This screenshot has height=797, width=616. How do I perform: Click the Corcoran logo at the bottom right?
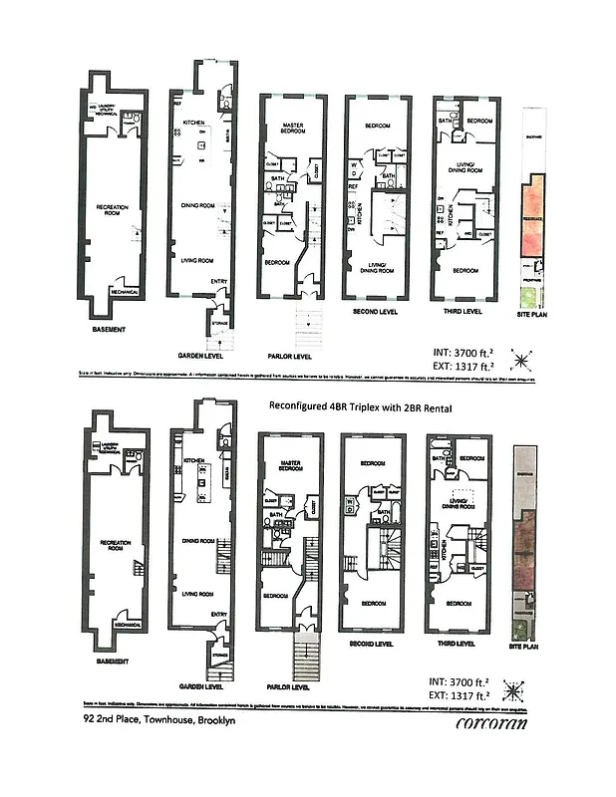[x=491, y=724]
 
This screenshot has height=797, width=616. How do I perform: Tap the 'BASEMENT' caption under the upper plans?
[x=107, y=327]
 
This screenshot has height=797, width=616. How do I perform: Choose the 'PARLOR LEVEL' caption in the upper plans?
[x=289, y=354]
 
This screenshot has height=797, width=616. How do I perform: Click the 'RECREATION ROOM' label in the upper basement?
[x=112, y=209]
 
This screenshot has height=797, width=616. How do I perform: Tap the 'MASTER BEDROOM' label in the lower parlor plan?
[x=290, y=465]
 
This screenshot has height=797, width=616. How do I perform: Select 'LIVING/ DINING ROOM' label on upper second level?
[x=377, y=267]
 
